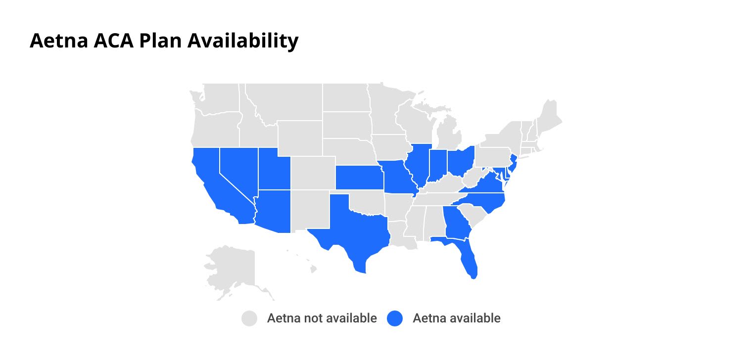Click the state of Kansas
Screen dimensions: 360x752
[x=358, y=178]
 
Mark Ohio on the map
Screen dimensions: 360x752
[x=461, y=161]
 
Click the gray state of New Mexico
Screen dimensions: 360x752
[x=309, y=210]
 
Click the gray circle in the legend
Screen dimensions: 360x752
[x=250, y=318]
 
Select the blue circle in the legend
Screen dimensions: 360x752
[x=395, y=318]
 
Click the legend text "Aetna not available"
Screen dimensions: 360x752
[x=322, y=318]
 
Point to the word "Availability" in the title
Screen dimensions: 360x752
[x=242, y=41]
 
